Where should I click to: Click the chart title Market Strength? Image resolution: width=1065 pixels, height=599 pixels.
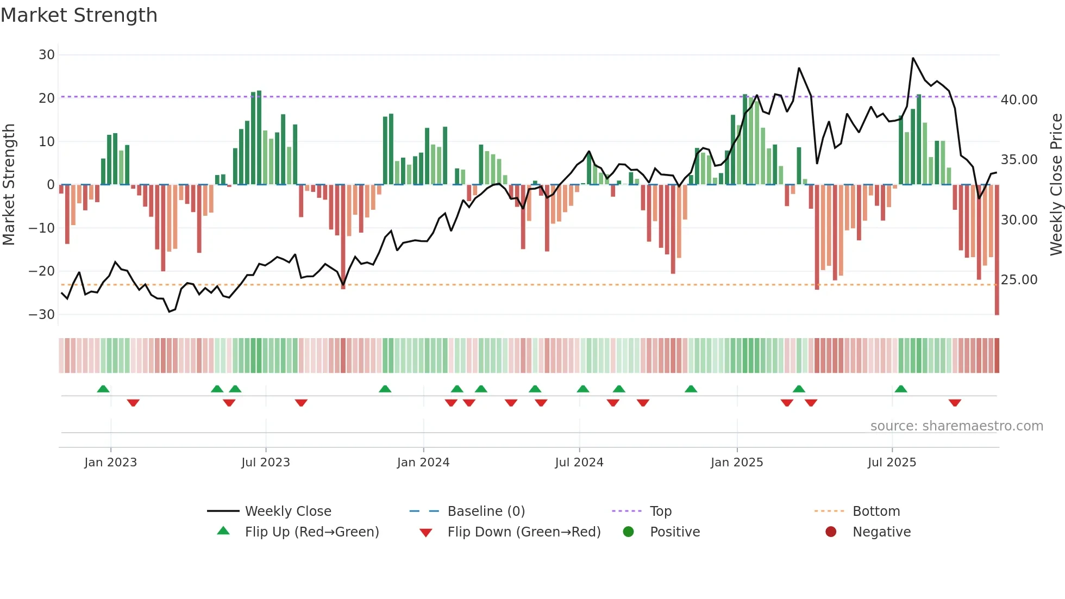pyautogui.click(x=79, y=15)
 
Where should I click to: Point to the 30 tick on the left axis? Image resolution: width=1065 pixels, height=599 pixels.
pyautogui.click(x=47, y=55)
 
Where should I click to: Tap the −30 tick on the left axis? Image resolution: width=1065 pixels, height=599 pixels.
pyautogui.click(x=42, y=315)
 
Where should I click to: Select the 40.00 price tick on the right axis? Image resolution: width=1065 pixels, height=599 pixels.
pyautogui.click(x=1019, y=100)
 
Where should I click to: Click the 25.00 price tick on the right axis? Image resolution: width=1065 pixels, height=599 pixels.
pyautogui.click(x=1019, y=280)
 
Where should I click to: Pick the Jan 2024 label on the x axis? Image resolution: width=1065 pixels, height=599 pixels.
pyautogui.click(x=423, y=463)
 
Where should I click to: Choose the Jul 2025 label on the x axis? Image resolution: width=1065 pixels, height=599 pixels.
pyautogui.click(x=892, y=463)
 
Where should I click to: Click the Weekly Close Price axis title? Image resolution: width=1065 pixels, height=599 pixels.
pyautogui.click(x=1056, y=184)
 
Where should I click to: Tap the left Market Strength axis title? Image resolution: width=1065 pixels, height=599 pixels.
pyautogui.click(x=9, y=184)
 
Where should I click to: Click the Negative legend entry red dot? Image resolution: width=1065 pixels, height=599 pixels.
pyautogui.click(x=831, y=532)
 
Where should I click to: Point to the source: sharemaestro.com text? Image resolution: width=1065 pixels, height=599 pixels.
pyautogui.click(x=956, y=426)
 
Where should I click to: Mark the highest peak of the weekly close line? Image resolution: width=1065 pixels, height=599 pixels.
pyautogui.click(x=913, y=58)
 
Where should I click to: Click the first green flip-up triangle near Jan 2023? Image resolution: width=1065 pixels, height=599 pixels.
pyautogui.click(x=103, y=389)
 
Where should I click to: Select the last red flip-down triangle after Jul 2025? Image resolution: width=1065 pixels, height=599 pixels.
pyautogui.click(x=955, y=403)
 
